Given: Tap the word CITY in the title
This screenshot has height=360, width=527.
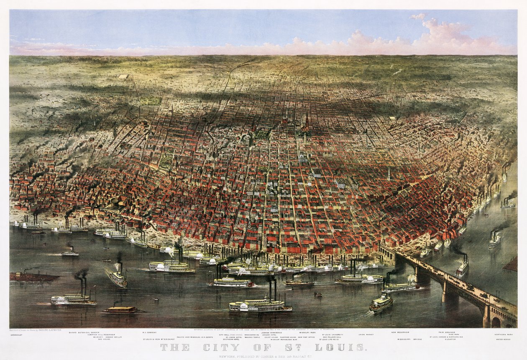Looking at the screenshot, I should tap(215, 347).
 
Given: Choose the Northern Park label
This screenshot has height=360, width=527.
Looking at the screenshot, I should tap(504, 335).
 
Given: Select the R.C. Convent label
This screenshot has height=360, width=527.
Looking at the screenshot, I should tap(148, 333).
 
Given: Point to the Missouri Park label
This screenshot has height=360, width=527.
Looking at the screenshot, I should tap(307, 332).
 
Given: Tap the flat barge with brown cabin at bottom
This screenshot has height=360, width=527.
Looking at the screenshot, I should tap(121, 310).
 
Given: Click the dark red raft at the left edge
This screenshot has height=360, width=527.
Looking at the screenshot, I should tap(33, 277).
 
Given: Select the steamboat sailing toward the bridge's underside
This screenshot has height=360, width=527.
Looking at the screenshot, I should tap(381, 302).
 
